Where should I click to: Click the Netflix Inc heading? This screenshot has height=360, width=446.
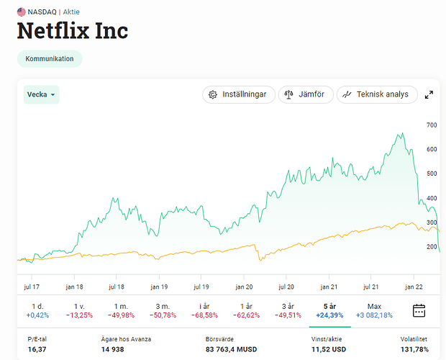[x=72, y=31]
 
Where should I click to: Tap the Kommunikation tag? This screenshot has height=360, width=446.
[x=50, y=58]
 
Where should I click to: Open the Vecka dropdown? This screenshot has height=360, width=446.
[x=41, y=94]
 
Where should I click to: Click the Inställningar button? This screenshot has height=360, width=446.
[x=238, y=94]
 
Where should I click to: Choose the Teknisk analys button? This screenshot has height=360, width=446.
[x=376, y=94]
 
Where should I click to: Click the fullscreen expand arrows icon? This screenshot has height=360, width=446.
[x=429, y=94]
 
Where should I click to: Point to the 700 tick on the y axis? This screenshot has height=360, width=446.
[x=432, y=125]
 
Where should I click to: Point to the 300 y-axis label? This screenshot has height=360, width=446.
[x=432, y=222]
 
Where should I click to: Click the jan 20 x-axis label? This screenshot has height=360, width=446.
[x=245, y=286]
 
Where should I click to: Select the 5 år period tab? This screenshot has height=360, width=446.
[x=330, y=311]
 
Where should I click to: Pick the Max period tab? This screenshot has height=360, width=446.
[x=373, y=311]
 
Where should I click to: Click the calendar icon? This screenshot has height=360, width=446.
[x=419, y=311]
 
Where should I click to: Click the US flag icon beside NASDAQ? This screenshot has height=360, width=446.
[x=22, y=12]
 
